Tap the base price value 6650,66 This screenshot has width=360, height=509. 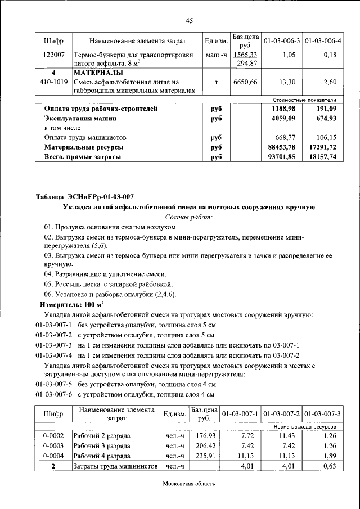(x=245, y=82)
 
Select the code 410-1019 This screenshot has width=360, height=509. (x=53, y=82)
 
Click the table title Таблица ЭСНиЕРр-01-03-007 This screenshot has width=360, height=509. (x=85, y=196)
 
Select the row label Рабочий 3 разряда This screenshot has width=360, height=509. (x=102, y=445)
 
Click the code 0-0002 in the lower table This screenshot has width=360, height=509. (x=53, y=436)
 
